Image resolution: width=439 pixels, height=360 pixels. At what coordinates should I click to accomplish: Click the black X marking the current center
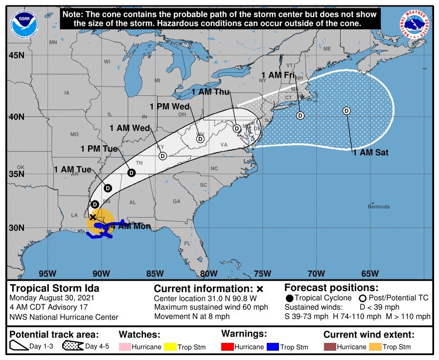tap(92, 217)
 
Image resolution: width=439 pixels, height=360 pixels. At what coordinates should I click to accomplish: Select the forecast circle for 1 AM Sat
tap(347, 111)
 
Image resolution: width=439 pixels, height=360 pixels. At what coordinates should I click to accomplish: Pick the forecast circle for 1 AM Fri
tap(300, 115)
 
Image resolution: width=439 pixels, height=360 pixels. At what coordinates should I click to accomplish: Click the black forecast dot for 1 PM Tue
tap(131, 173)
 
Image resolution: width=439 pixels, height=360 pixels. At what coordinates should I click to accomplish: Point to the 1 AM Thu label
tap(210, 92)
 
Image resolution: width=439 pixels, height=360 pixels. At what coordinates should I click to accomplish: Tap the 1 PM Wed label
tap(169, 107)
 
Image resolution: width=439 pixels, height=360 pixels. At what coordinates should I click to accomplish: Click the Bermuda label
tap(379, 206)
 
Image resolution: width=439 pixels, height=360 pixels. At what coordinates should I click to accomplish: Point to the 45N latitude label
tap(16, 55)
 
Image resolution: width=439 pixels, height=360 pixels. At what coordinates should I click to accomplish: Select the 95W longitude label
tap(47, 273)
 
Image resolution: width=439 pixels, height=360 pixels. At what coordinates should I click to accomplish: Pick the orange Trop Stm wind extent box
tap(375, 347)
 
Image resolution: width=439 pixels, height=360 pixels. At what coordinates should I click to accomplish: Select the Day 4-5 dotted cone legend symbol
tap(72, 347)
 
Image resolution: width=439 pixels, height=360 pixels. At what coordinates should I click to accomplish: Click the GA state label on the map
tap(176, 201)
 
